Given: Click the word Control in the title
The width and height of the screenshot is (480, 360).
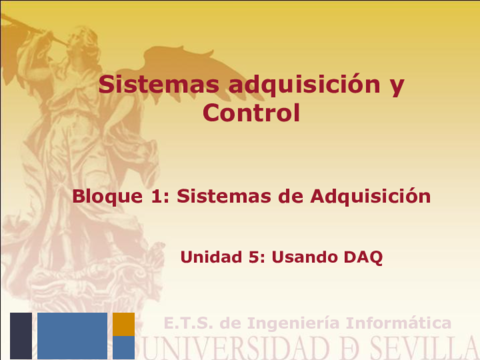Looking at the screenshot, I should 251,114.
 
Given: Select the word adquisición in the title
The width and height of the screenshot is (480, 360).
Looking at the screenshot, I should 293,86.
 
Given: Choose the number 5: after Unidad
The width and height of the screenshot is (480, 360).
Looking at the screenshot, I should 255,257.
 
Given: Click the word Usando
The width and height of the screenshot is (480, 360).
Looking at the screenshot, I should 303,257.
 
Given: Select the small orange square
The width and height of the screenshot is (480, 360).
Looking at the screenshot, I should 123,324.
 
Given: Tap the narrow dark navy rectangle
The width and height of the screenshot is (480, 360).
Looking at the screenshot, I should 20,335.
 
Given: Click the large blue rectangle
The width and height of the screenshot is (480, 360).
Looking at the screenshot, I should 72,335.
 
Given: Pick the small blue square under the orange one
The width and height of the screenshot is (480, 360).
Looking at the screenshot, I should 123,347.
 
